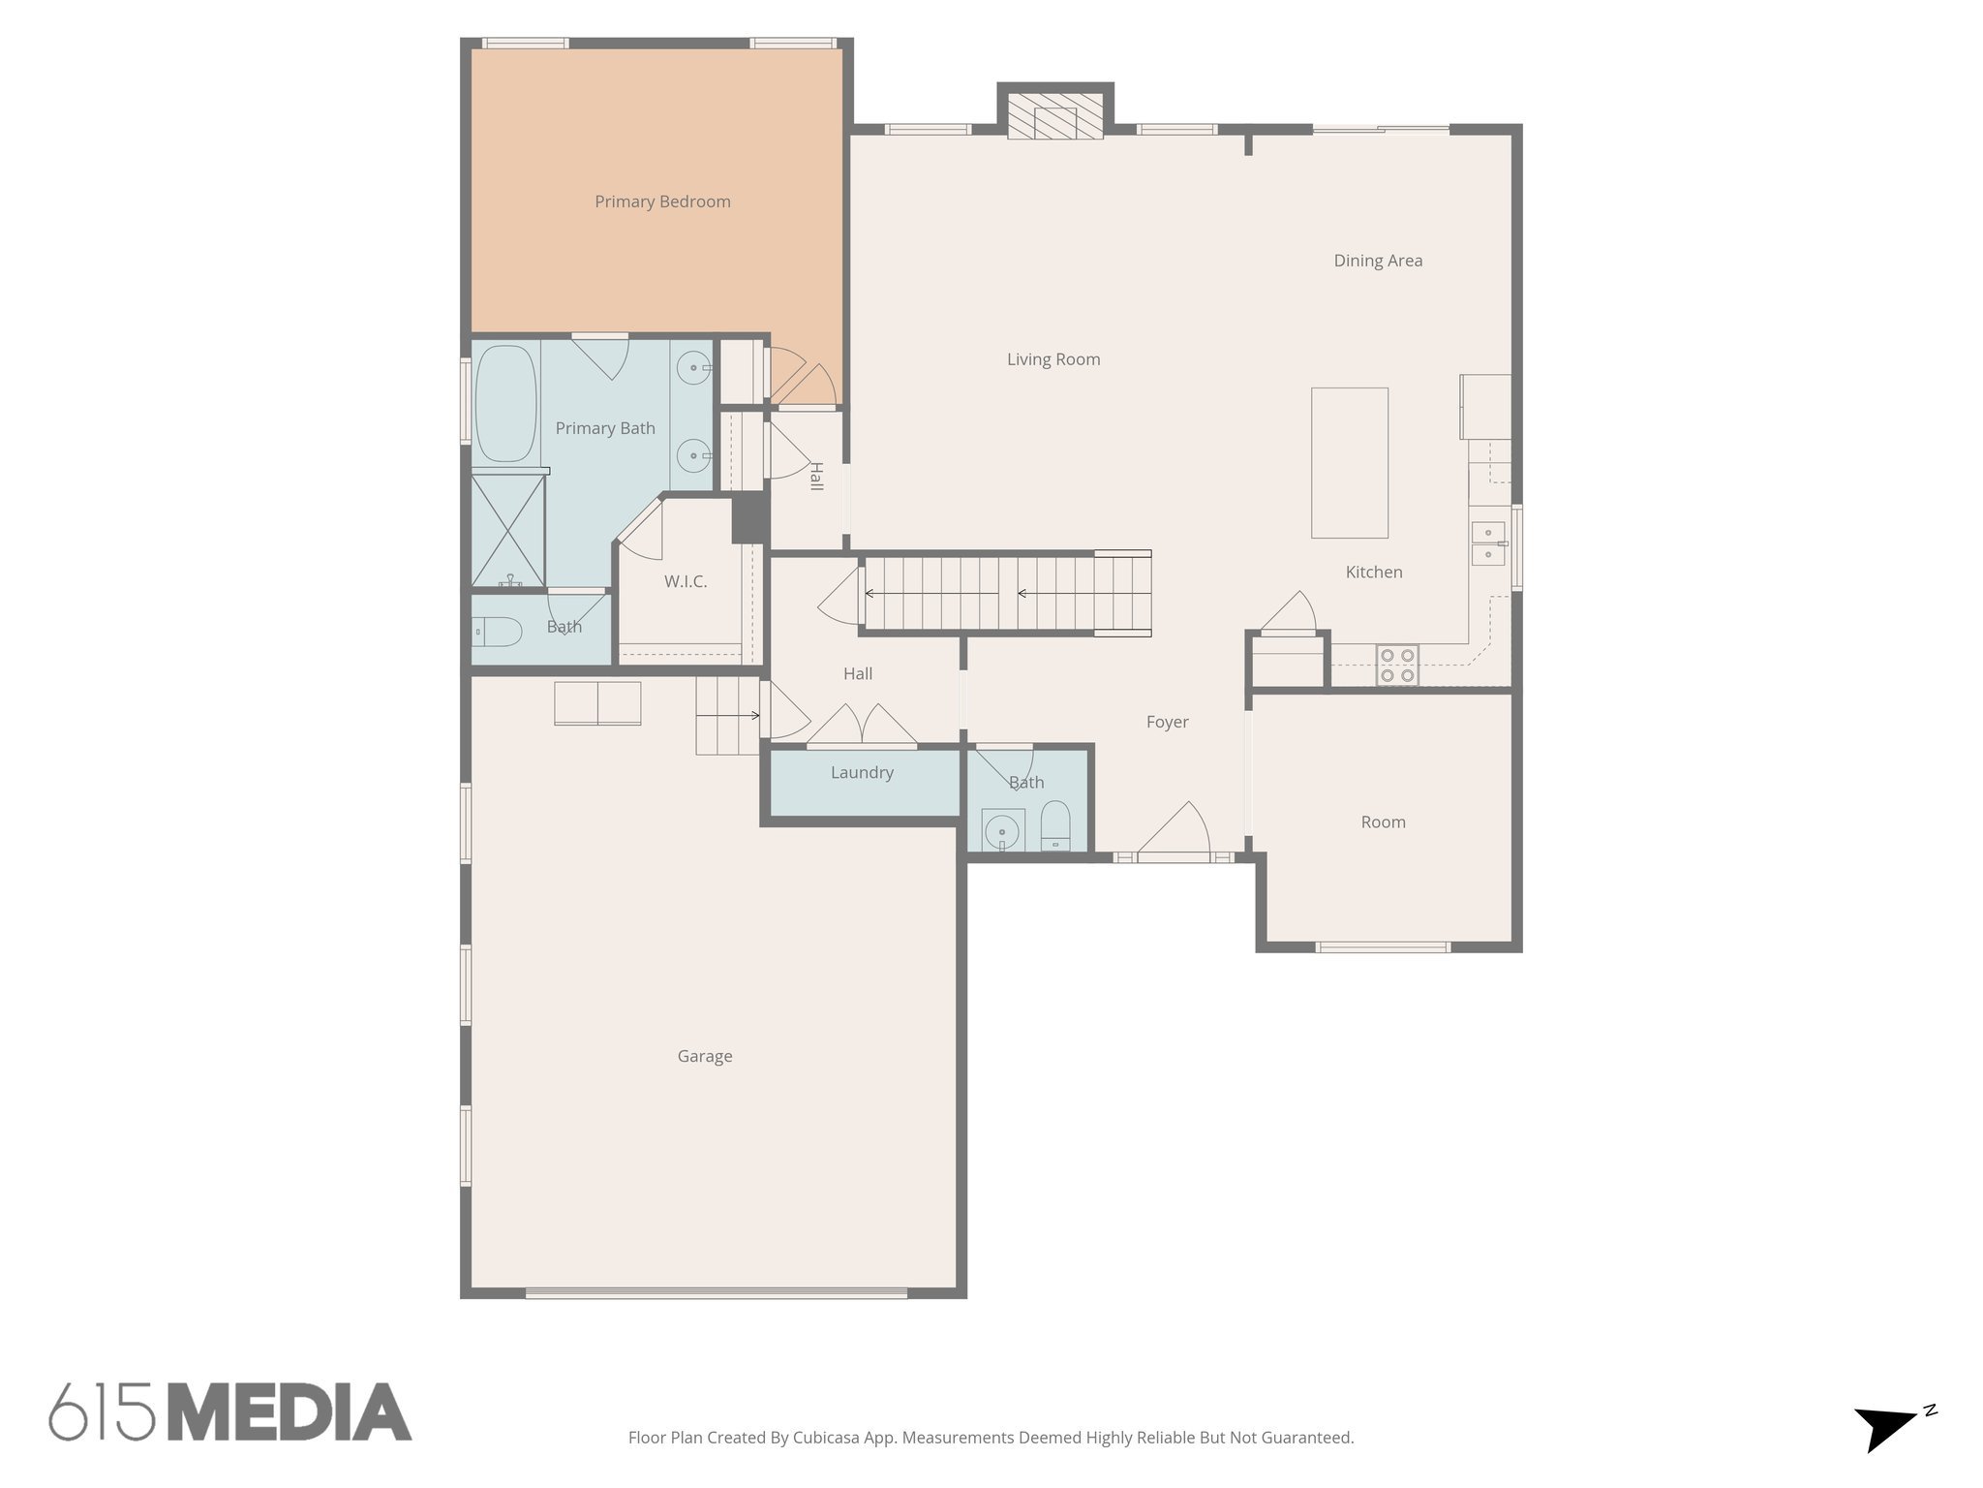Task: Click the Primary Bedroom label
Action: (x=662, y=201)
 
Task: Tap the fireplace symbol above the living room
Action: (x=1054, y=117)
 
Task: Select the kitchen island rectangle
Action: (x=1349, y=463)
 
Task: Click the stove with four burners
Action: (x=1397, y=666)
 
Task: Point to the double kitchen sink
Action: (x=1487, y=543)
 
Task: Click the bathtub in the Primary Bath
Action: (x=505, y=404)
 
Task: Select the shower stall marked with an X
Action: (x=508, y=530)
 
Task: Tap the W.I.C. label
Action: (x=686, y=581)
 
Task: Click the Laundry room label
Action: (x=862, y=772)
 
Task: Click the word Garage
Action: (x=705, y=1056)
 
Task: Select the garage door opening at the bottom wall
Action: (x=717, y=1292)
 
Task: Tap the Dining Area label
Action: (x=1378, y=261)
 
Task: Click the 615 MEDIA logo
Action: (x=230, y=1412)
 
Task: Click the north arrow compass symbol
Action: (x=1889, y=1427)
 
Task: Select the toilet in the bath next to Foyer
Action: (x=1055, y=825)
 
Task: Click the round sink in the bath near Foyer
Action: (x=1002, y=831)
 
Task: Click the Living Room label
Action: (x=1053, y=359)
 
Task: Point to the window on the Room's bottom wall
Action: (x=1383, y=946)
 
